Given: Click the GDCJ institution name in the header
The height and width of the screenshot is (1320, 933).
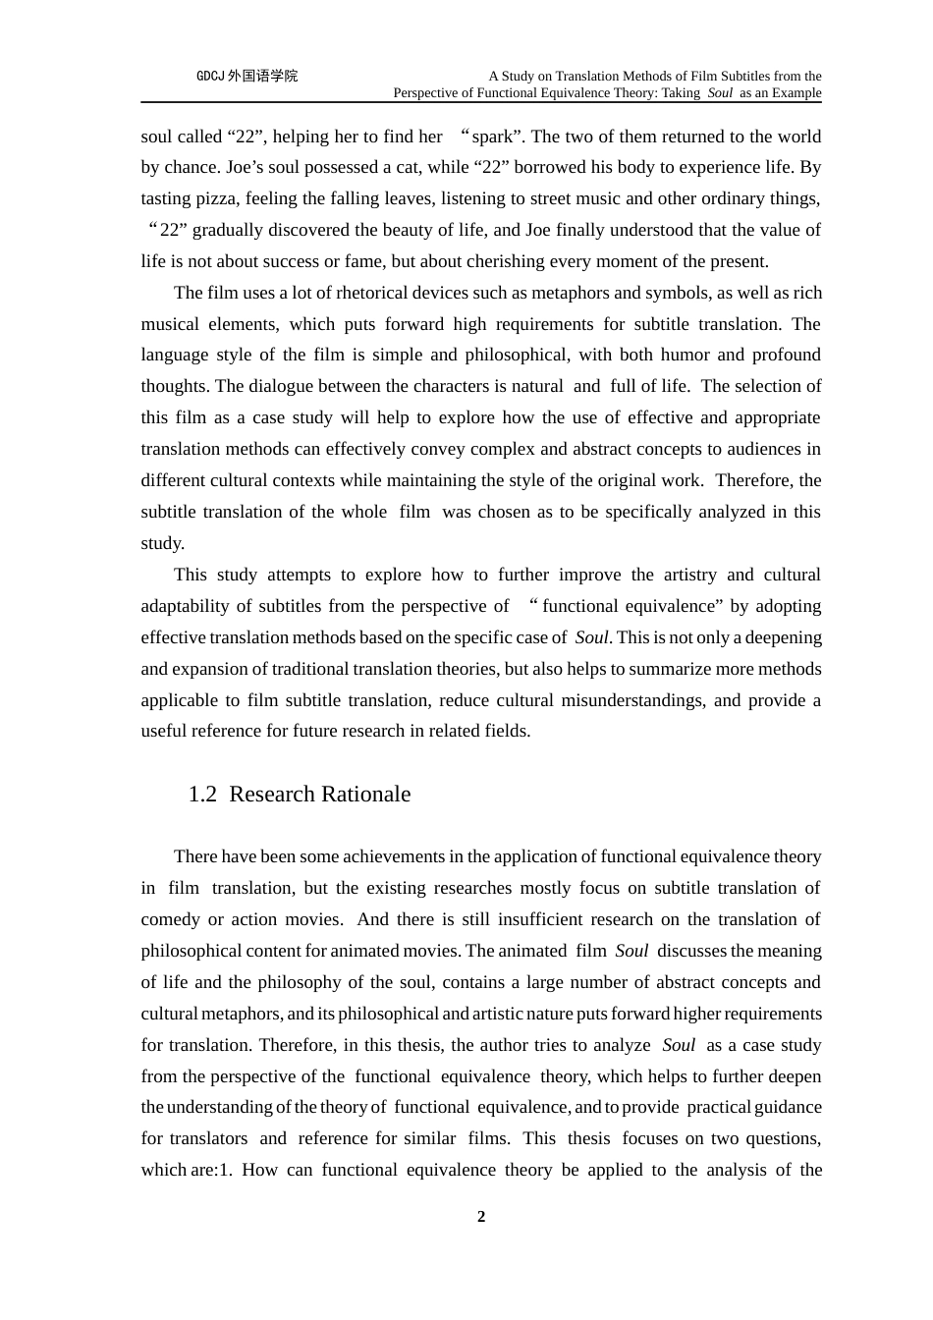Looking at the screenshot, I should pyautogui.click(x=247, y=76).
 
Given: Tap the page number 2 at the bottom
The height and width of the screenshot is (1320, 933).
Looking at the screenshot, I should pyautogui.click(x=481, y=1217).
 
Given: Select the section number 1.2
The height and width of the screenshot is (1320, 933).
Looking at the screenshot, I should pyautogui.click(x=202, y=795).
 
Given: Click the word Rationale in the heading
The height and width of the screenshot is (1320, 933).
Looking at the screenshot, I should pyautogui.click(x=362, y=795).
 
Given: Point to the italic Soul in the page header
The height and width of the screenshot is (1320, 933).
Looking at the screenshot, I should pyautogui.click(x=720, y=93).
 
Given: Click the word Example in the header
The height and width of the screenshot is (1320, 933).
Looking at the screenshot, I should pyautogui.click(x=796, y=93).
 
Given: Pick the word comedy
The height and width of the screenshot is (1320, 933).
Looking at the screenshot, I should pyautogui.click(x=169, y=919).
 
